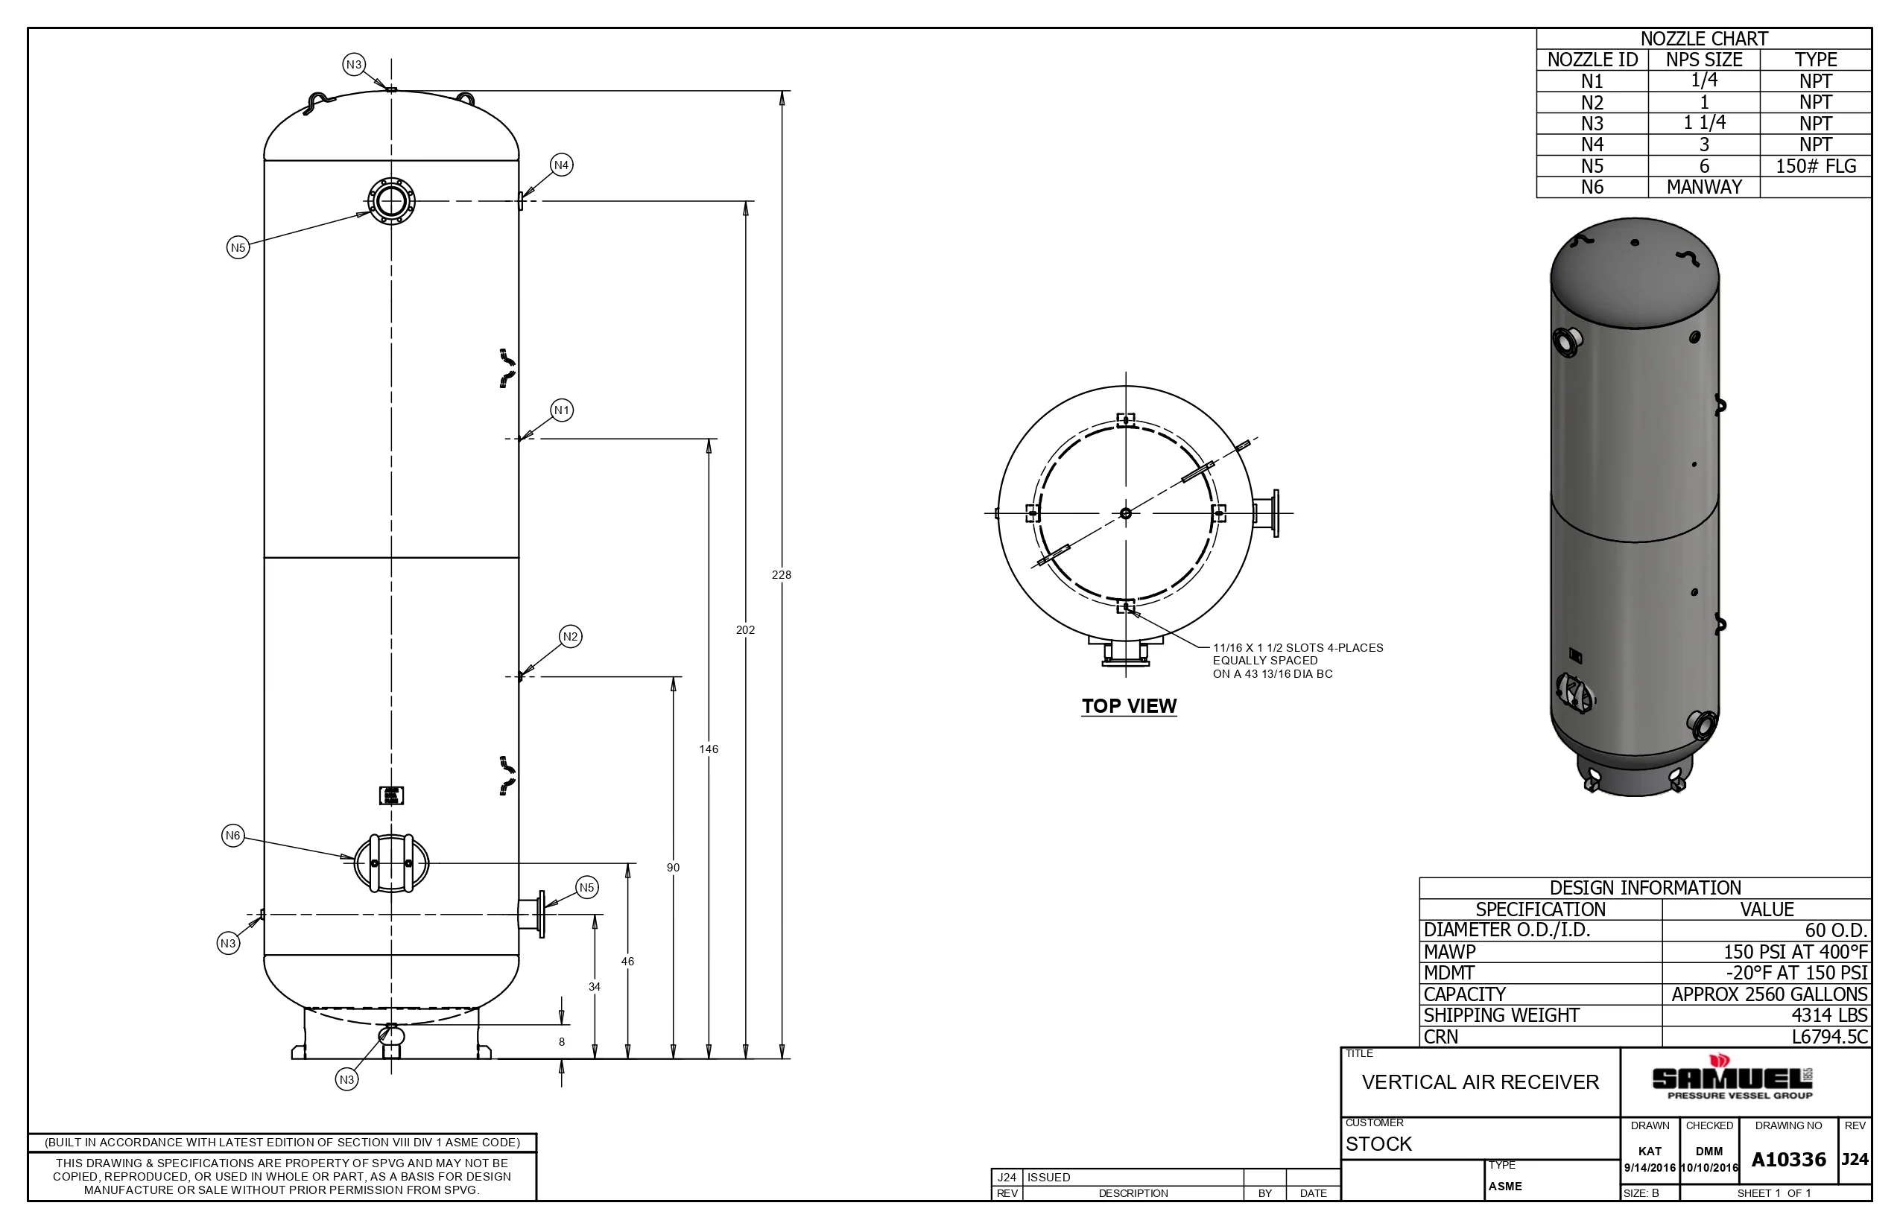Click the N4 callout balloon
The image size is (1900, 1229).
[x=561, y=165]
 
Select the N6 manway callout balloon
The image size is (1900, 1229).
[x=232, y=836]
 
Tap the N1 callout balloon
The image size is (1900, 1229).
[x=562, y=410]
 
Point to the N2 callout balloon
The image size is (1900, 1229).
[x=570, y=636]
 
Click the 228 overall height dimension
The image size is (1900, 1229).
[x=781, y=574]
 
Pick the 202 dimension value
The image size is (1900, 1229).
[x=745, y=629]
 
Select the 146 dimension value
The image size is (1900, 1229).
[x=708, y=749]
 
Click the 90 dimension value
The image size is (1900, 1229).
[x=673, y=868]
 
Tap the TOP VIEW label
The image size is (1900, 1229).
[x=1129, y=705]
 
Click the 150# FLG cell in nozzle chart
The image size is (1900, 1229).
[x=1815, y=166]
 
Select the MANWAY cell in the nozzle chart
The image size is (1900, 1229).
[x=1703, y=187]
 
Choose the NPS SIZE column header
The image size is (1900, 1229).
[x=1703, y=60]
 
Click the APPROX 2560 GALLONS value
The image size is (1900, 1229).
[x=1769, y=994]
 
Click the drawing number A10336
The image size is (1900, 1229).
[x=1788, y=1160]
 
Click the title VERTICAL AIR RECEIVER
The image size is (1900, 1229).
[x=1480, y=1082]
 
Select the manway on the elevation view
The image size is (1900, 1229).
[x=391, y=863]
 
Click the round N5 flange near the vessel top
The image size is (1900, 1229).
[x=391, y=201]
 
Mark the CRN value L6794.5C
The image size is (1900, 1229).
[x=1830, y=1037]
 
